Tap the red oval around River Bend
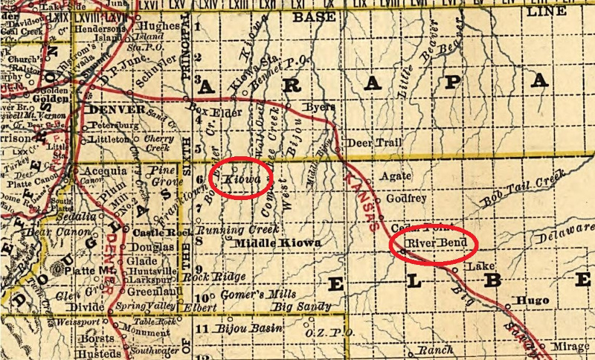point(432,242)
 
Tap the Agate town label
point(395,177)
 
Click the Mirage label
point(570,347)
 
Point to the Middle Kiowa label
point(277,243)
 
